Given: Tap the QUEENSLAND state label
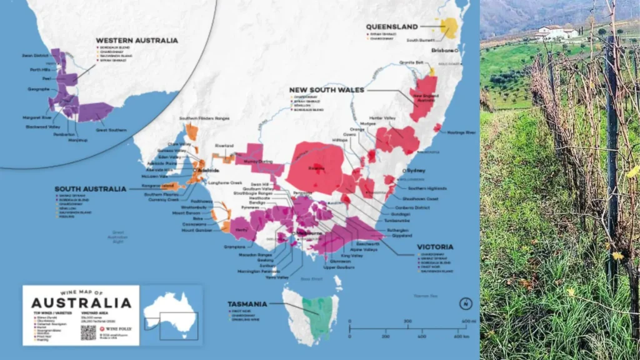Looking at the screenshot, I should (391, 27).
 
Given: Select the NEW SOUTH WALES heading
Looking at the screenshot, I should (327, 90).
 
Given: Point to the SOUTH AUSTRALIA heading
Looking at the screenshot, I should (90, 189).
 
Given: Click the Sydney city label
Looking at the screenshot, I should (416, 170).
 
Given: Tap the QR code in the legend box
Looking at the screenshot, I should (88, 332).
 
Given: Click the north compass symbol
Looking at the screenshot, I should (464, 304).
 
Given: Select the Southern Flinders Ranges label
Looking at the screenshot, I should (187, 118).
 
